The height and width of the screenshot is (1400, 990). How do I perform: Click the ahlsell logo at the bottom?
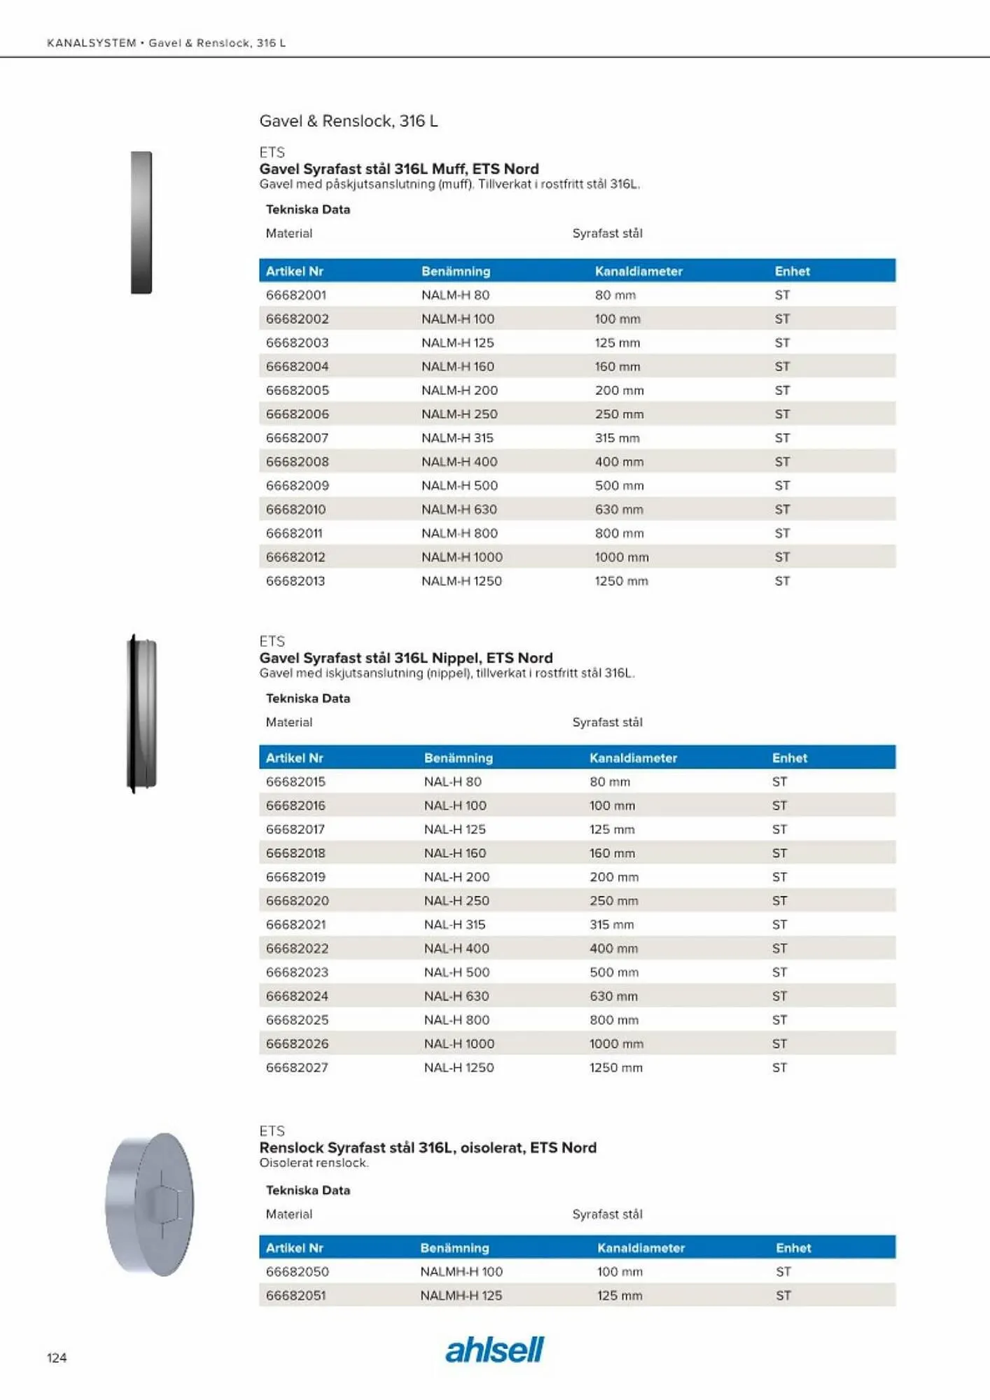pos(494,1350)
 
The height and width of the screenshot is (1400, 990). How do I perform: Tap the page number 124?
pos(57,1357)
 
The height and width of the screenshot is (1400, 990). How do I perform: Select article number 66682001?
pos(296,295)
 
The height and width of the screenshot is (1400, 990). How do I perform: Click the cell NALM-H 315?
pos(457,437)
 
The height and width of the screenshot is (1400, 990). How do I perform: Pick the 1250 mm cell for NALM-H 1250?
pos(621,580)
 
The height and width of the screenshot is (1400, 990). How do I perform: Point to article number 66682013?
pos(295,580)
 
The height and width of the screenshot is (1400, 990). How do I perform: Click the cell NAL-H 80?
pos(452,781)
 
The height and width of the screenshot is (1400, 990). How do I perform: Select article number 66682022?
pos(297,948)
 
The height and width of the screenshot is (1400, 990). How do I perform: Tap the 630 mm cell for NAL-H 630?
pos(613,995)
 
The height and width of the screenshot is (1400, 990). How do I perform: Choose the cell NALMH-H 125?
pos(461,1295)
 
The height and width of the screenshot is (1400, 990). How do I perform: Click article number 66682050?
pos(297,1271)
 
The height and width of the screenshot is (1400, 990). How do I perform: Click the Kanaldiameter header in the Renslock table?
pos(641,1247)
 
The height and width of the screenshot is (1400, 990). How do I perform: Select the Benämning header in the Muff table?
pos(456,271)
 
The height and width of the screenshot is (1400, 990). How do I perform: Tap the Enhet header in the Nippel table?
pos(790,757)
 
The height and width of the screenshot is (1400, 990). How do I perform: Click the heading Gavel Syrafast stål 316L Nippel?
pos(406,657)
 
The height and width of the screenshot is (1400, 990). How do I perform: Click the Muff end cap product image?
pos(141,222)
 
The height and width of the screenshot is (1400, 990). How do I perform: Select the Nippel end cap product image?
pos(141,713)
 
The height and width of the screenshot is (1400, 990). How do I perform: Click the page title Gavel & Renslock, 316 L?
pos(349,120)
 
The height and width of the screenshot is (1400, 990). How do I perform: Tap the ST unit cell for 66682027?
pos(780,1067)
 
